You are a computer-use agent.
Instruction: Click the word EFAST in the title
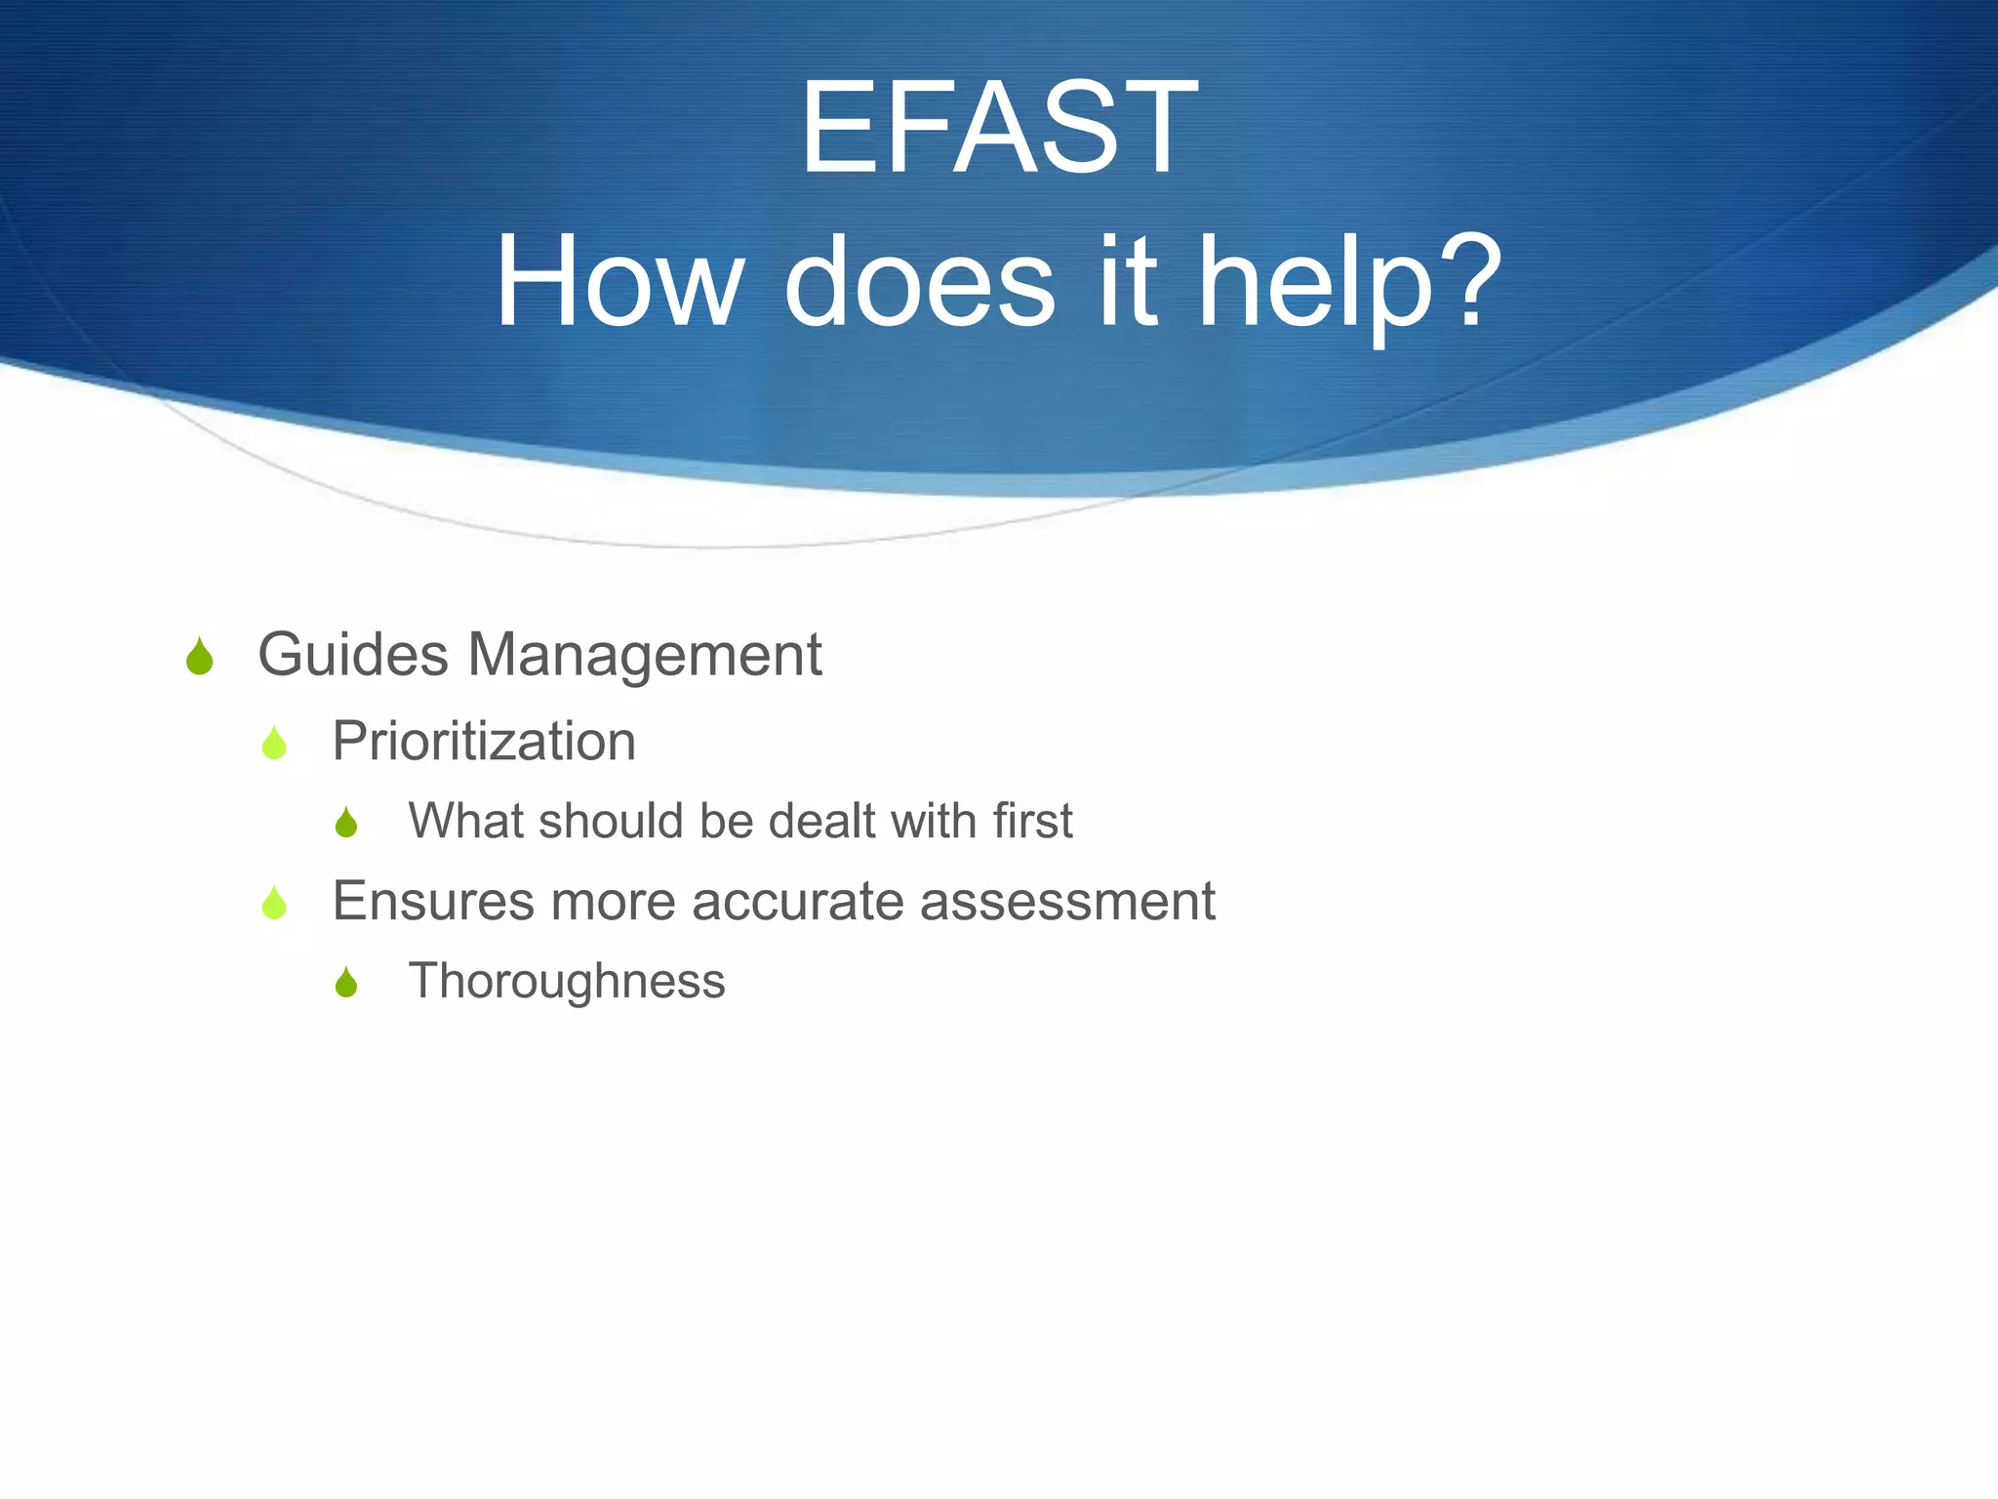coord(998,128)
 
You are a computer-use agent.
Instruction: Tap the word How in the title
coord(618,283)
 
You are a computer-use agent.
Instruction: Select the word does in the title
coord(919,283)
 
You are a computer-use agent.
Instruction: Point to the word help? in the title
coord(1349,285)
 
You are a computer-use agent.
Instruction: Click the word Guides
coord(353,654)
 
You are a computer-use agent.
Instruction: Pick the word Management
coord(645,656)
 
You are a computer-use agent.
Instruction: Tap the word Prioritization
coord(484,741)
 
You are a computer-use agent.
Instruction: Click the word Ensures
coord(433,900)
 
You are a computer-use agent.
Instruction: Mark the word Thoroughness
coord(567,981)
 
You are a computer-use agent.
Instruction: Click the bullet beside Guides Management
coord(199,656)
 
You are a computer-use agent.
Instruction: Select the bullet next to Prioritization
coord(274,743)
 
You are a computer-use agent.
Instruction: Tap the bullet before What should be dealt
coord(346,822)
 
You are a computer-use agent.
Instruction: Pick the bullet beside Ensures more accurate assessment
coord(274,902)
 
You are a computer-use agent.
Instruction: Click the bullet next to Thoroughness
coord(346,982)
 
